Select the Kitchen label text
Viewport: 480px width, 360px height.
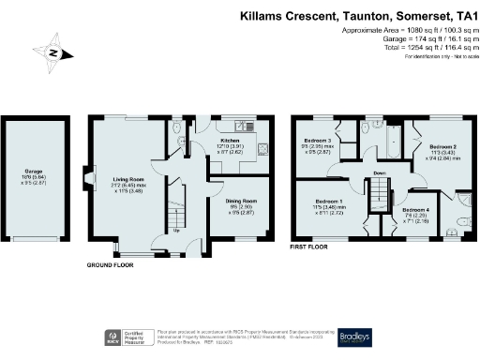[229, 141]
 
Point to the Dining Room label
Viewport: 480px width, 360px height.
[242, 201]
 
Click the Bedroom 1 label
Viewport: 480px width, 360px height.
[328, 202]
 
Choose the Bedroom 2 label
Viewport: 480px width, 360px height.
[443, 147]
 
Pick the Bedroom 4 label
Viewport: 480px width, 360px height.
[416, 210]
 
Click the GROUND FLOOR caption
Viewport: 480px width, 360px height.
[112, 265]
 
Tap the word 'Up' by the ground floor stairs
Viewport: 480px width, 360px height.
[174, 230]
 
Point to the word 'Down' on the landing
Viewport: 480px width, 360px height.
[379, 174]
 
